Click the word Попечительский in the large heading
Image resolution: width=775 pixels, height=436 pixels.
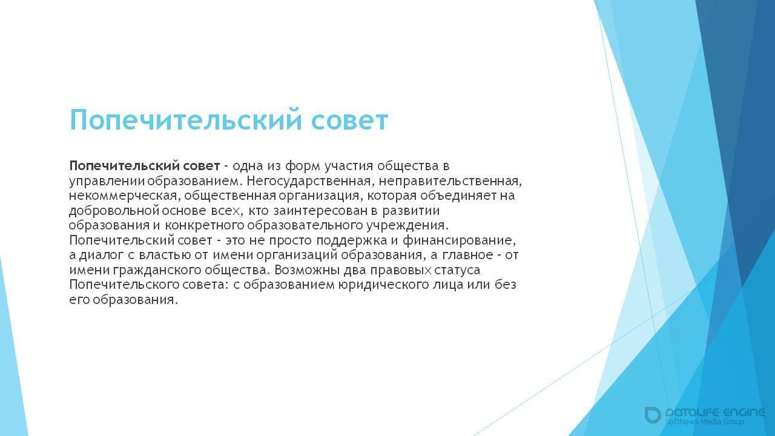tap(185, 120)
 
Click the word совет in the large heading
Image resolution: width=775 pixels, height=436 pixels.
tap(349, 120)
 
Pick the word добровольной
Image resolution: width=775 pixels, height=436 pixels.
tap(114, 210)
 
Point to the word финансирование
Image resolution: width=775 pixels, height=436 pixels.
tap(463, 240)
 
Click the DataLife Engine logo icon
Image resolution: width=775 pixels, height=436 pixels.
tap(653, 415)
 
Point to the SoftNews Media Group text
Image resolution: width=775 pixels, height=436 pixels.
tap(704, 421)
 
